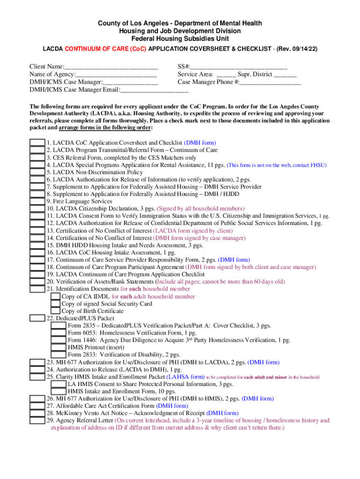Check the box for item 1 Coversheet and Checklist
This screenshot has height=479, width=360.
[37, 143]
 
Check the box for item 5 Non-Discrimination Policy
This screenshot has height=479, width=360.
[37, 172]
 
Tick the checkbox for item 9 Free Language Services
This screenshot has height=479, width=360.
[37, 201]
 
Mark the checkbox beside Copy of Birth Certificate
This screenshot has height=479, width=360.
[55, 311]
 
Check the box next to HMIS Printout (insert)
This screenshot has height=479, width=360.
[58, 348]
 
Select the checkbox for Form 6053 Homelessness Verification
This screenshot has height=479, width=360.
[58, 333]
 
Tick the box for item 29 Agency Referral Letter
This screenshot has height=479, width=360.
[37, 421]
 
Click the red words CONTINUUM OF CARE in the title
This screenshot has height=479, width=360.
[92, 48]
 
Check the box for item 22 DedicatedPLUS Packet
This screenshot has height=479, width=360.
[37, 318]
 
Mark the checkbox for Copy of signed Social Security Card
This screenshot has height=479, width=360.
[55, 304]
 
